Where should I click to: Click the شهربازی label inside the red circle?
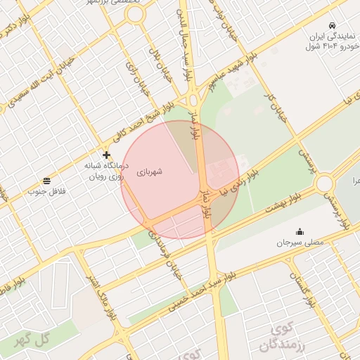[150, 171]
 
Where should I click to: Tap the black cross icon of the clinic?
[106, 155]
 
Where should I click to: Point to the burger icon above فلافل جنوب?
[46, 181]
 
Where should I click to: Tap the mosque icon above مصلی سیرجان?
[300, 232]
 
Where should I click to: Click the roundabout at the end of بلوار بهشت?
[325, 184]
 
